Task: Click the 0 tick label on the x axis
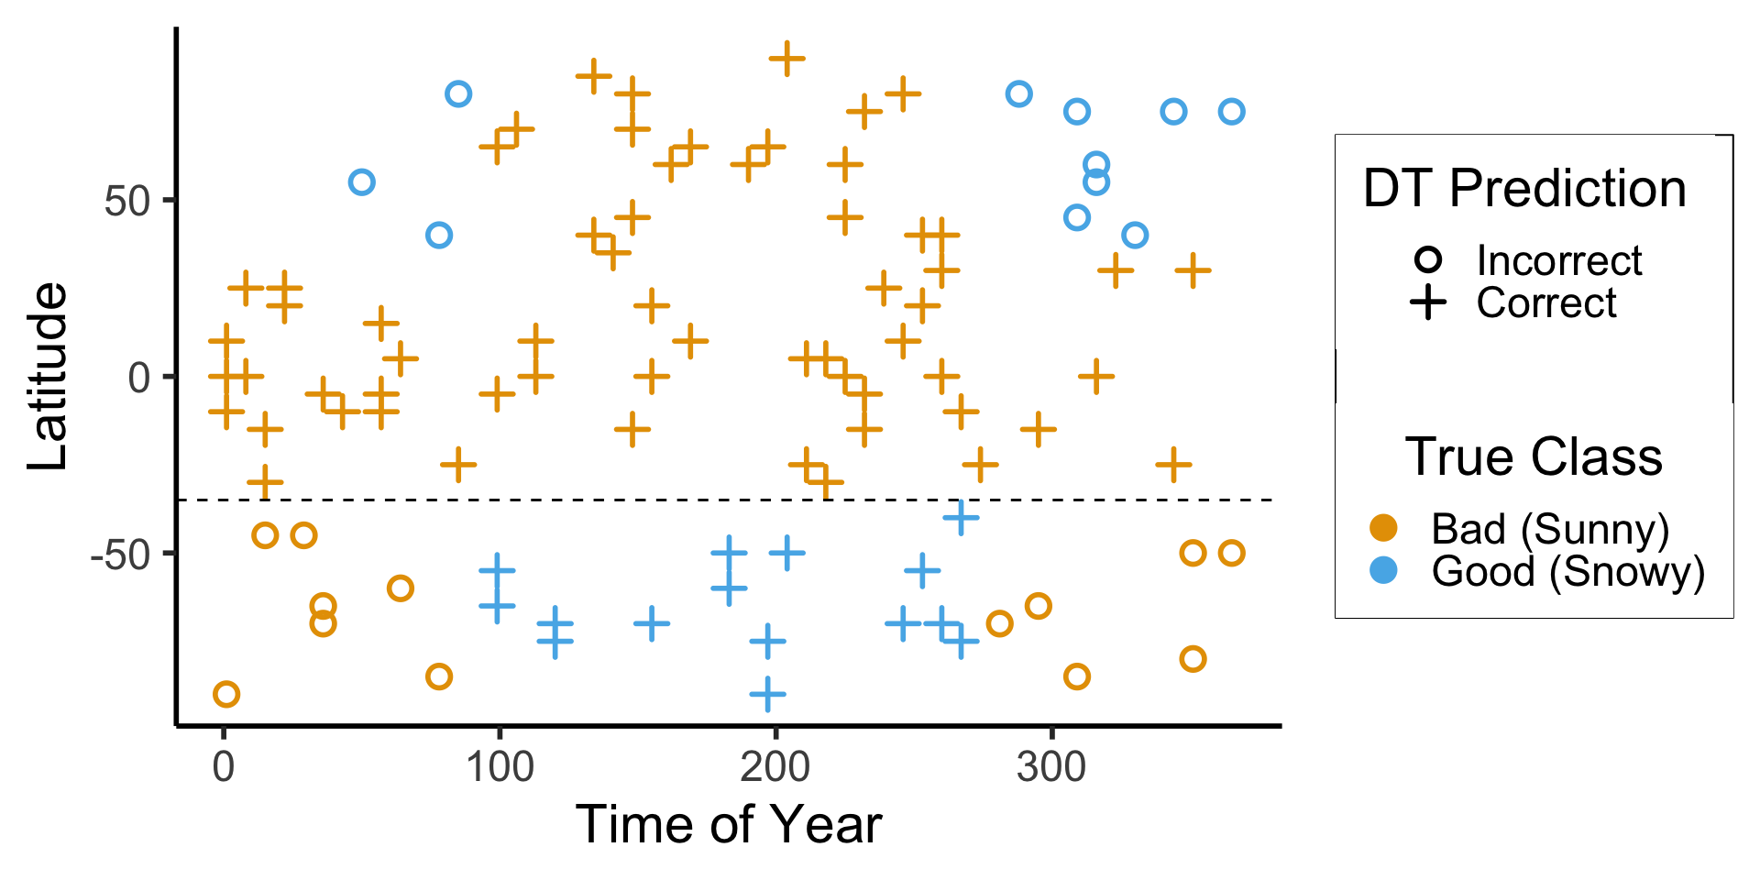(x=224, y=766)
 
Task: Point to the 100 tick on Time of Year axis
(x=500, y=766)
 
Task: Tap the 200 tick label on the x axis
(x=775, y=766)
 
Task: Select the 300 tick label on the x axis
(x=1051, y=766)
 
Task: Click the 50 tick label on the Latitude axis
(x=127, y=201)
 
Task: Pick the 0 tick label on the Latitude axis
(x=139, y=377)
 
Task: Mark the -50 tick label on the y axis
(x=120, y=554)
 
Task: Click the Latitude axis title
(x=48, y=377)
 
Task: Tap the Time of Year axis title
(x=728, y=824)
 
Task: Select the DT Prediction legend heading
(x=1524, y=189)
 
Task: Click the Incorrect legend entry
(x=1558, y=261)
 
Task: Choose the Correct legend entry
(x=1545, y=303)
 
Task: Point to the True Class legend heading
(x=1534, y=456)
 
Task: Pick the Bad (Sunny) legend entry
(x=1549, y=529)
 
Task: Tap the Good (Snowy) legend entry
(x=1567, y=571)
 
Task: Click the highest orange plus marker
(x=786, y=59)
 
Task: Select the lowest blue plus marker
(x=767, y=694)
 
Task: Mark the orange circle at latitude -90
(x=226, y=694)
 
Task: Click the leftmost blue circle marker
(x=362, y=182)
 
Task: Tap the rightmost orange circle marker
(x=1231, y=553)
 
